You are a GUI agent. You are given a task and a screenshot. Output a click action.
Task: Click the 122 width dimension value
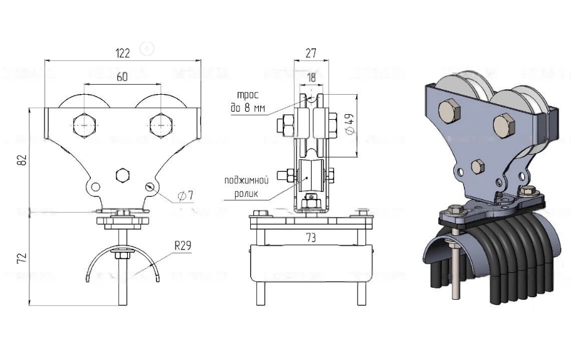coord(123,53)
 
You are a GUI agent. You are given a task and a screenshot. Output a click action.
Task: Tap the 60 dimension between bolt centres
coord(122,77)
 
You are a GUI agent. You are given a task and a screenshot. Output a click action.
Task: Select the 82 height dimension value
coord(23,160)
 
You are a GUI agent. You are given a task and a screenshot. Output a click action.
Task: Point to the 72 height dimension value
coord(23,258)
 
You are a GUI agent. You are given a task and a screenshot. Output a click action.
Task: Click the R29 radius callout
coord(183,246)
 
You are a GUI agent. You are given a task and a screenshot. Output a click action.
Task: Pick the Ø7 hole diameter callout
coord(186,196)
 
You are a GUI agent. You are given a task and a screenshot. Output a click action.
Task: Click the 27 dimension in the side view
coord(311,53)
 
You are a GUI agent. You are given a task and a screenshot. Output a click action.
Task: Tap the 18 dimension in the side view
coord(311,78)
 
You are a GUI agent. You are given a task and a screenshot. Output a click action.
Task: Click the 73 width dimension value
coord(311,238)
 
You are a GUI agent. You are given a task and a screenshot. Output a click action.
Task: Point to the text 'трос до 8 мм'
coord(248,102)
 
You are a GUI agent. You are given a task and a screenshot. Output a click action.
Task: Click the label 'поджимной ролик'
coord(246,187)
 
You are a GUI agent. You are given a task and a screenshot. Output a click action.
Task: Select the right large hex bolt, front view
coord(161,125)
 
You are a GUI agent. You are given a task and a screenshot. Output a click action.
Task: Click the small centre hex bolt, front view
coord(122,175)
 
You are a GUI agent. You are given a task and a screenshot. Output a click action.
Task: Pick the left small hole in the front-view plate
coord(95,187)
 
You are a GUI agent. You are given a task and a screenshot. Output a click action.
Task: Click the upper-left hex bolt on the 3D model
coord(449,110)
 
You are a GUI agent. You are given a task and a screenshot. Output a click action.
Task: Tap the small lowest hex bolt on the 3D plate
coord(478,167)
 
